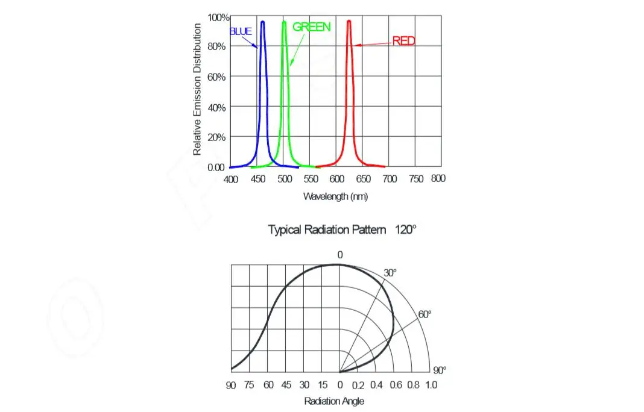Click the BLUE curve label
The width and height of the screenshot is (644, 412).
[241, 31]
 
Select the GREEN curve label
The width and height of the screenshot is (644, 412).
[311, 27]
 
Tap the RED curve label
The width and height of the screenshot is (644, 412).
[403, 41]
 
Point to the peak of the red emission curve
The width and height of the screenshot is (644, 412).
[349, 21]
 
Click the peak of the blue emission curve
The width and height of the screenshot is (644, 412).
[263, 22]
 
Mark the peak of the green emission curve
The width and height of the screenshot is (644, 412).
[284, 22]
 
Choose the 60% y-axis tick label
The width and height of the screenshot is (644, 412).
[216, 77]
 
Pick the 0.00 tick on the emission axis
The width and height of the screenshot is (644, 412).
[216, 167]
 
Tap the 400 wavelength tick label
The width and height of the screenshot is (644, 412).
[231, 179]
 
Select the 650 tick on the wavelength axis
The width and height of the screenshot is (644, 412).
[363, 179]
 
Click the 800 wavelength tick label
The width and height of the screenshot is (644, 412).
[438, 178]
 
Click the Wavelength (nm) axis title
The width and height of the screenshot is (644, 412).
[335, 196]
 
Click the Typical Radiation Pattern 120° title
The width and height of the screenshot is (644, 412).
[342, 229]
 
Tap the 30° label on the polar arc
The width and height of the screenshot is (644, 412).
[390, 273]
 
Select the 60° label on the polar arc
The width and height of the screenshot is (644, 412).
[425, 314]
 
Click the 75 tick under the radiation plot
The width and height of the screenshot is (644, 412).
[250, 385]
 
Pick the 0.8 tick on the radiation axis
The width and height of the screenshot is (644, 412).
[413, 385]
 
